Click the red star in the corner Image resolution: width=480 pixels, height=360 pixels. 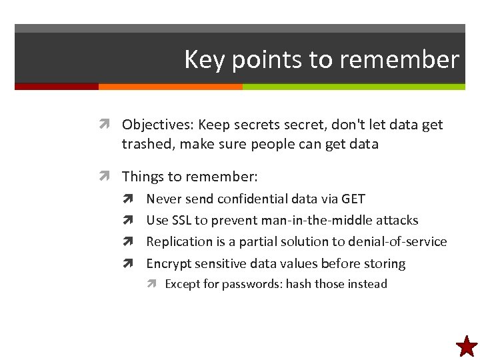tap(467, 346)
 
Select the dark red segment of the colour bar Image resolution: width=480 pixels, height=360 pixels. tap(56, 87)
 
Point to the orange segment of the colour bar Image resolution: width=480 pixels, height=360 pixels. tap(170, 87)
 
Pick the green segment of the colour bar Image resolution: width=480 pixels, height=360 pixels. tap(353, 87)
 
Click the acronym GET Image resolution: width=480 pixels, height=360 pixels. tap(353, 199)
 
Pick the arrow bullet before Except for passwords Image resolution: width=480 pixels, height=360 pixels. tap(152, 284)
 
